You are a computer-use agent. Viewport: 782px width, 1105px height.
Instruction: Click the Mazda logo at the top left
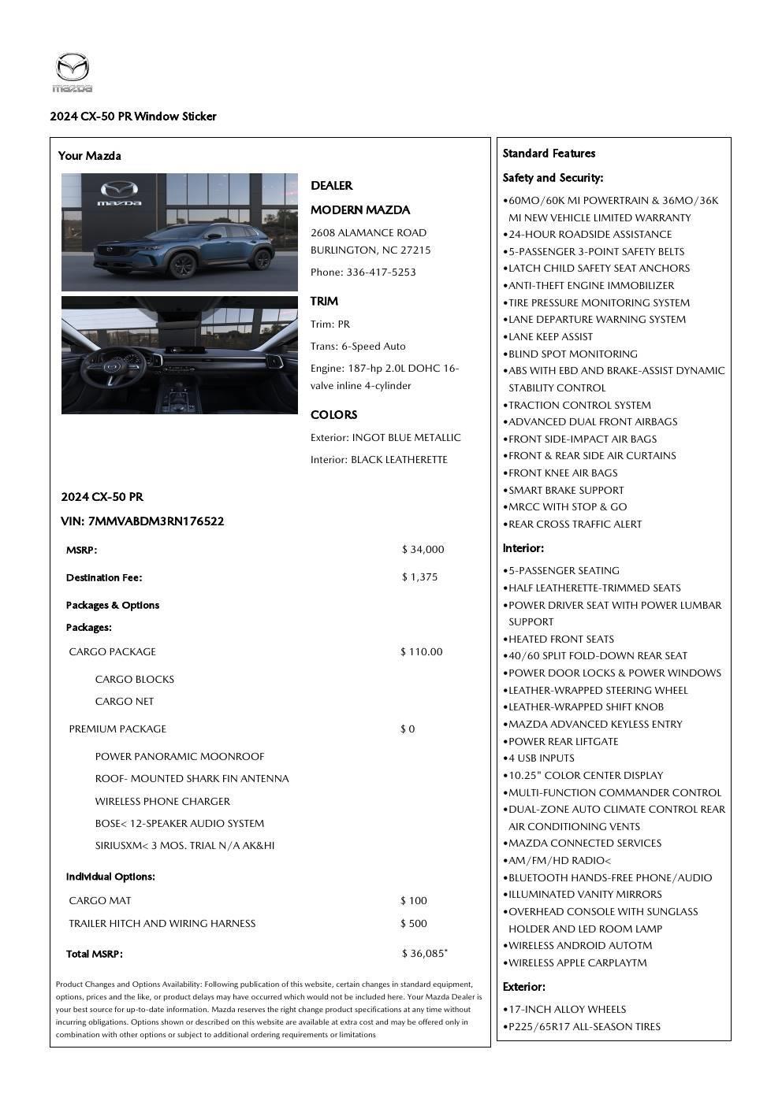[x=73, y=72]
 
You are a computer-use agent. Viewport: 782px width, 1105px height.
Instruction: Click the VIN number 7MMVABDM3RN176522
[x=156, y=521]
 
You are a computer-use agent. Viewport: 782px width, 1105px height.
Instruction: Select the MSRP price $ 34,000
[x=423, y=550]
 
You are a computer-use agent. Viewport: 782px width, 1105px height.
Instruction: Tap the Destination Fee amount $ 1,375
[x=419, y=577]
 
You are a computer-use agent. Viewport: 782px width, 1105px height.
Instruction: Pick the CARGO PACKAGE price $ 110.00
[x=421, y=652]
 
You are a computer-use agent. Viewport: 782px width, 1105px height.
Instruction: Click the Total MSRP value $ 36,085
[x=423, y=954]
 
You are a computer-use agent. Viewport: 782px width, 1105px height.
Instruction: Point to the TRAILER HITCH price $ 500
[x=413, y=924]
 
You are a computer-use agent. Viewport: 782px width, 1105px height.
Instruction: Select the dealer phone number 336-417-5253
[x=381, y=273]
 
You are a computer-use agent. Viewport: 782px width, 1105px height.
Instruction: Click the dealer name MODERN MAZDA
[x=359, y=210]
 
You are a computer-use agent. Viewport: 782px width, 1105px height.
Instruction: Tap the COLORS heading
[x=333, y=415]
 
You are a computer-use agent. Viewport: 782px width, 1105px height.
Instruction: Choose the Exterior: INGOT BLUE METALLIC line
[x=385, y=438]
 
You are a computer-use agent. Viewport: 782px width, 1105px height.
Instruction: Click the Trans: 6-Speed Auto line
[x=358, y=347]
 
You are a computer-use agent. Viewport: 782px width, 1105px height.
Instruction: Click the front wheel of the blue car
[x=182, y=265]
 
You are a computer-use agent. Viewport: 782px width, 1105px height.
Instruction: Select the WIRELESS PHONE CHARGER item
[x=162, y=802]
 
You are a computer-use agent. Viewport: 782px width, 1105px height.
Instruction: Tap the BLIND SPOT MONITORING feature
[x=572, y=354]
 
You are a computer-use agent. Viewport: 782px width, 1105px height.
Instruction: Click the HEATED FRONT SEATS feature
[x=560, y=640]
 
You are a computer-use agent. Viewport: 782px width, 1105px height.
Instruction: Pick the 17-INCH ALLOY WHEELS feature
[x=567, y=1010]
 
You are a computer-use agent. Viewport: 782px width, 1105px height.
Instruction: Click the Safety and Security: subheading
[x=553, y=178]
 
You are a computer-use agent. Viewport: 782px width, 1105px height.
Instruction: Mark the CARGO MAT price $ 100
[x=413, y=901]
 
